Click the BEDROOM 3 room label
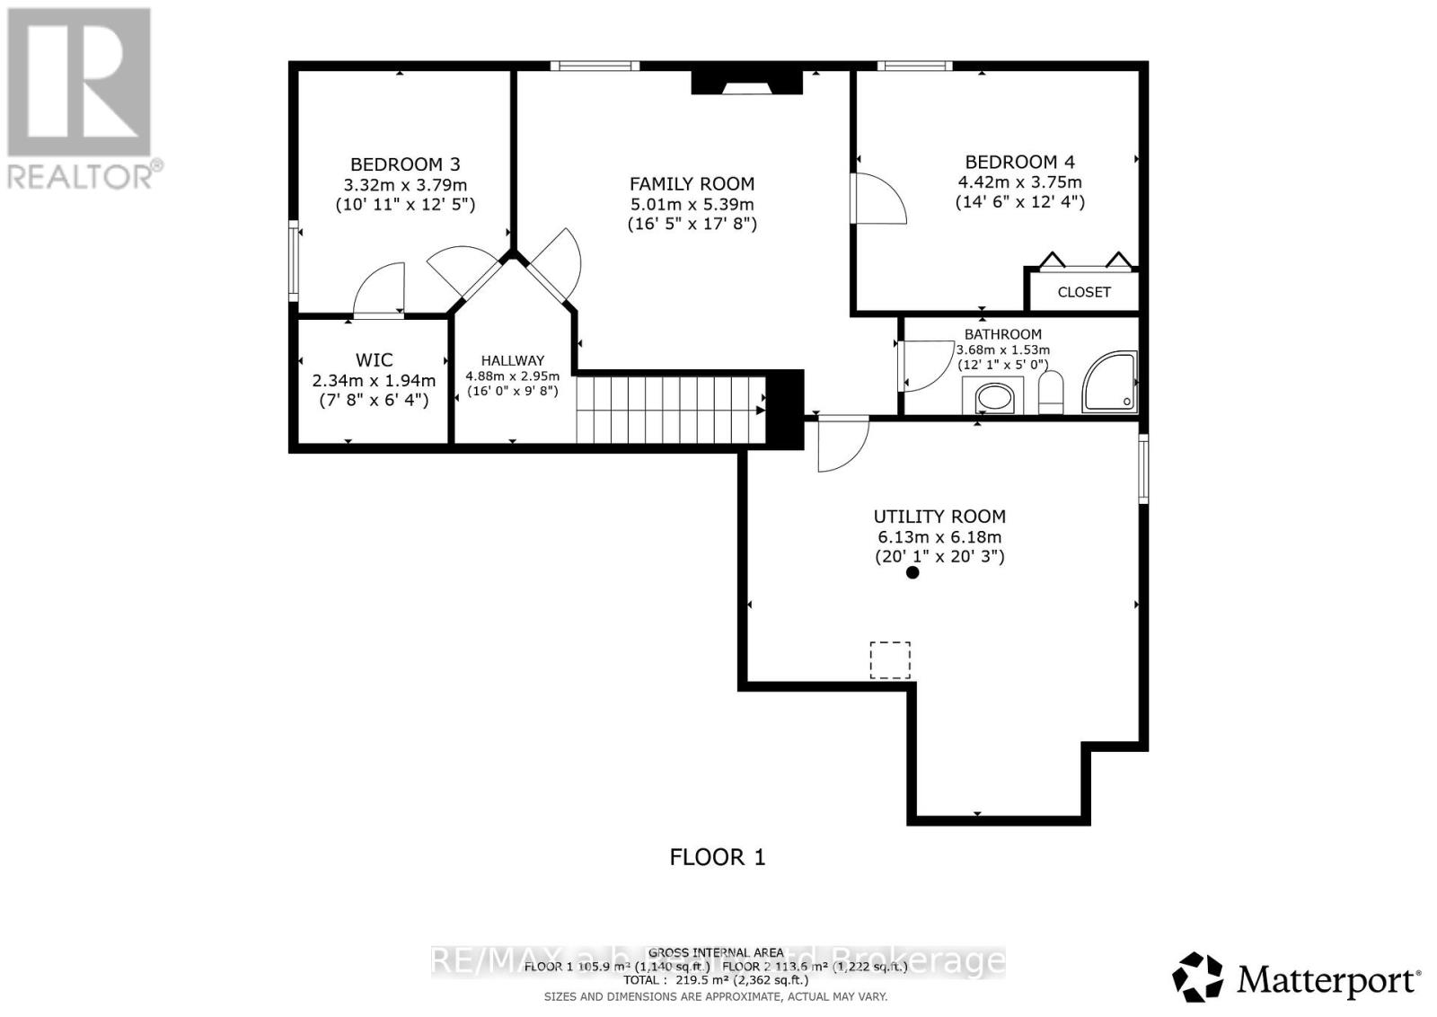pyautogui.click(x=405, y=164)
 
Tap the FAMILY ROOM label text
pyautogui.click(x=692, y=184)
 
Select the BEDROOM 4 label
pyautogui.click(x=1019, y=163)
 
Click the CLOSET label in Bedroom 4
pyautogui.click(x=1083, y=292)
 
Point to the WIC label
pyautogui.click(x=374, y=360)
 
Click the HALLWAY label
pyautogui.click(x=512, y=360)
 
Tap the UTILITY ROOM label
pyautogui.click(x=939, y=517)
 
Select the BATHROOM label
pyautogui.click(x=1003, y=334)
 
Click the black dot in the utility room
pyautogui.click(x=912, y=572)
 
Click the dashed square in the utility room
pyautogui.click(x=890, y=660)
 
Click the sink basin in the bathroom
pyautogui.click(x=993, y=397)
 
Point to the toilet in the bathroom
pyautogui.click(x=1051, y=393)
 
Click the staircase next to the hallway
pyautogui.click(x=669, y=410)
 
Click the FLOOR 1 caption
pyautogui.click(x=718, y=857)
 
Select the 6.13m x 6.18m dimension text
pyautogui.click(x=939, y=537)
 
